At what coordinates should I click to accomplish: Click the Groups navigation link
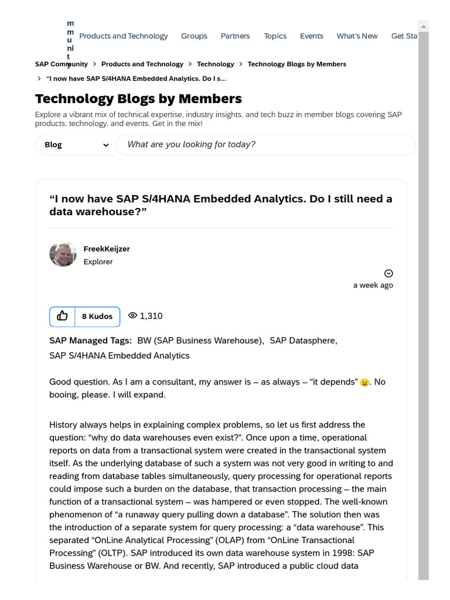pos(194,36)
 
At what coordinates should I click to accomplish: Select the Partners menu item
pos(235,36)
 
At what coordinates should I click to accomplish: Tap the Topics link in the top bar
pos(275,36)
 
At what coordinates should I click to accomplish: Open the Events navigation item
pos(311,36)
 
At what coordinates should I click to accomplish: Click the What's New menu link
pos(357,36)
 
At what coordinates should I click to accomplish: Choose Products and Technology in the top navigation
pos(123,36)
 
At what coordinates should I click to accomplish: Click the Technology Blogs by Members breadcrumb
pos(296,64)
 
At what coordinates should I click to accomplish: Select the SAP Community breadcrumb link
pos(61,64)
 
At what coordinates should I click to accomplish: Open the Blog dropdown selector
pos(76,145)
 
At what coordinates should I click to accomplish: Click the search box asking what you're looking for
pos(265,145)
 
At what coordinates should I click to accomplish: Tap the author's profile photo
pos(63,254)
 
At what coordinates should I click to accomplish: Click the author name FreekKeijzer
pos(107,249)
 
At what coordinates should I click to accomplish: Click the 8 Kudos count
pos(97,316)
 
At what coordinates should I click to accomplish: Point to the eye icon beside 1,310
pos(132,316)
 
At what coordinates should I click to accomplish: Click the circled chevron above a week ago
pos(388,273)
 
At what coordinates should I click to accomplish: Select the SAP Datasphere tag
pos(302,340)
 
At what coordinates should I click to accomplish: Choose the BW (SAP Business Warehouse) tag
pos(200,340)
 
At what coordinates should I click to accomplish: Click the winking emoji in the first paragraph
pos(365,383)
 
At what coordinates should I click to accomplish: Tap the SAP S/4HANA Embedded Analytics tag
pos(119,356)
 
